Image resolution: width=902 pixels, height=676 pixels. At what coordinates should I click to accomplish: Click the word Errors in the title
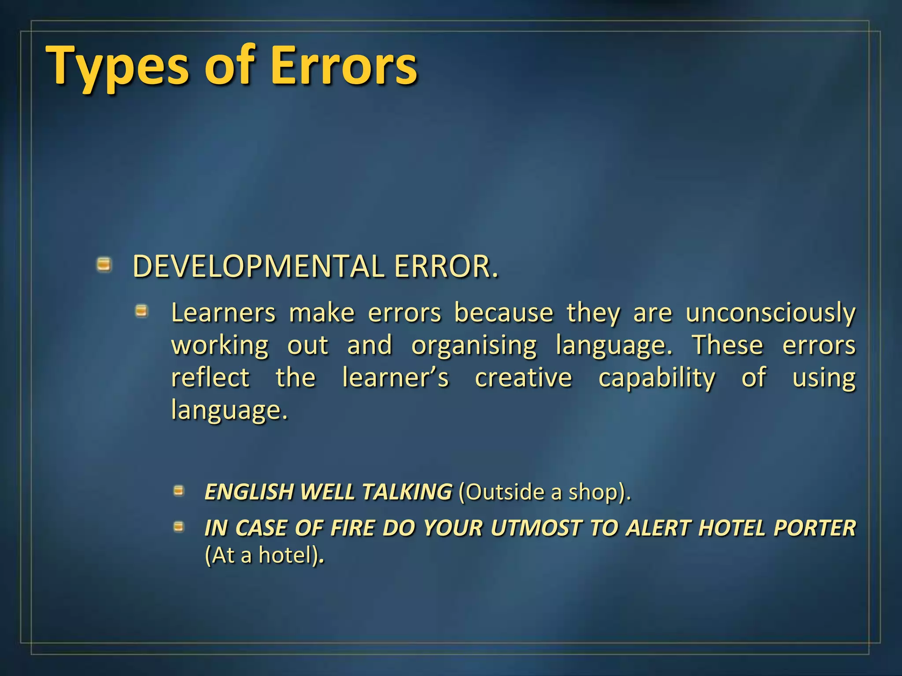344,66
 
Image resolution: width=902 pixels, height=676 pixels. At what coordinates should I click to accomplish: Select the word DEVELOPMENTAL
258,267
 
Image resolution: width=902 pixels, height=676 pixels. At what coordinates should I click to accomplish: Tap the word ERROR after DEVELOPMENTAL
445,267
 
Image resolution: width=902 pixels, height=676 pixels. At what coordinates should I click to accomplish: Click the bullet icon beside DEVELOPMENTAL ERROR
104,265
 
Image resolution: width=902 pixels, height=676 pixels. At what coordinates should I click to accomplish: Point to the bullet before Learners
141,312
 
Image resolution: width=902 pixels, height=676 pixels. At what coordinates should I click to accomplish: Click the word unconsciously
770,313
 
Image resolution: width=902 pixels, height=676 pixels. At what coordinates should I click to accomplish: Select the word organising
474,345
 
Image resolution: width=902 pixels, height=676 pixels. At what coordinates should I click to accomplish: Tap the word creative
523,378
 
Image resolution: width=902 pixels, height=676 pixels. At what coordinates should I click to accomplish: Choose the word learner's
396,378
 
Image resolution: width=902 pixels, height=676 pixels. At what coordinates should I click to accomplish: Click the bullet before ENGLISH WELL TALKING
178,490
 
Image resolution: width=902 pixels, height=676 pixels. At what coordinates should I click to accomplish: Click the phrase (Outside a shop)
544,492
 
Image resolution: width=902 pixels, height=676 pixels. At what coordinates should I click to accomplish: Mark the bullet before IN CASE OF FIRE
178,526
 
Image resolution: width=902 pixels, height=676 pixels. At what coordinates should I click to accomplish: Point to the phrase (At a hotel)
263,555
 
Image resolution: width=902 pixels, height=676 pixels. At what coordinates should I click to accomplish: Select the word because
503,313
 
